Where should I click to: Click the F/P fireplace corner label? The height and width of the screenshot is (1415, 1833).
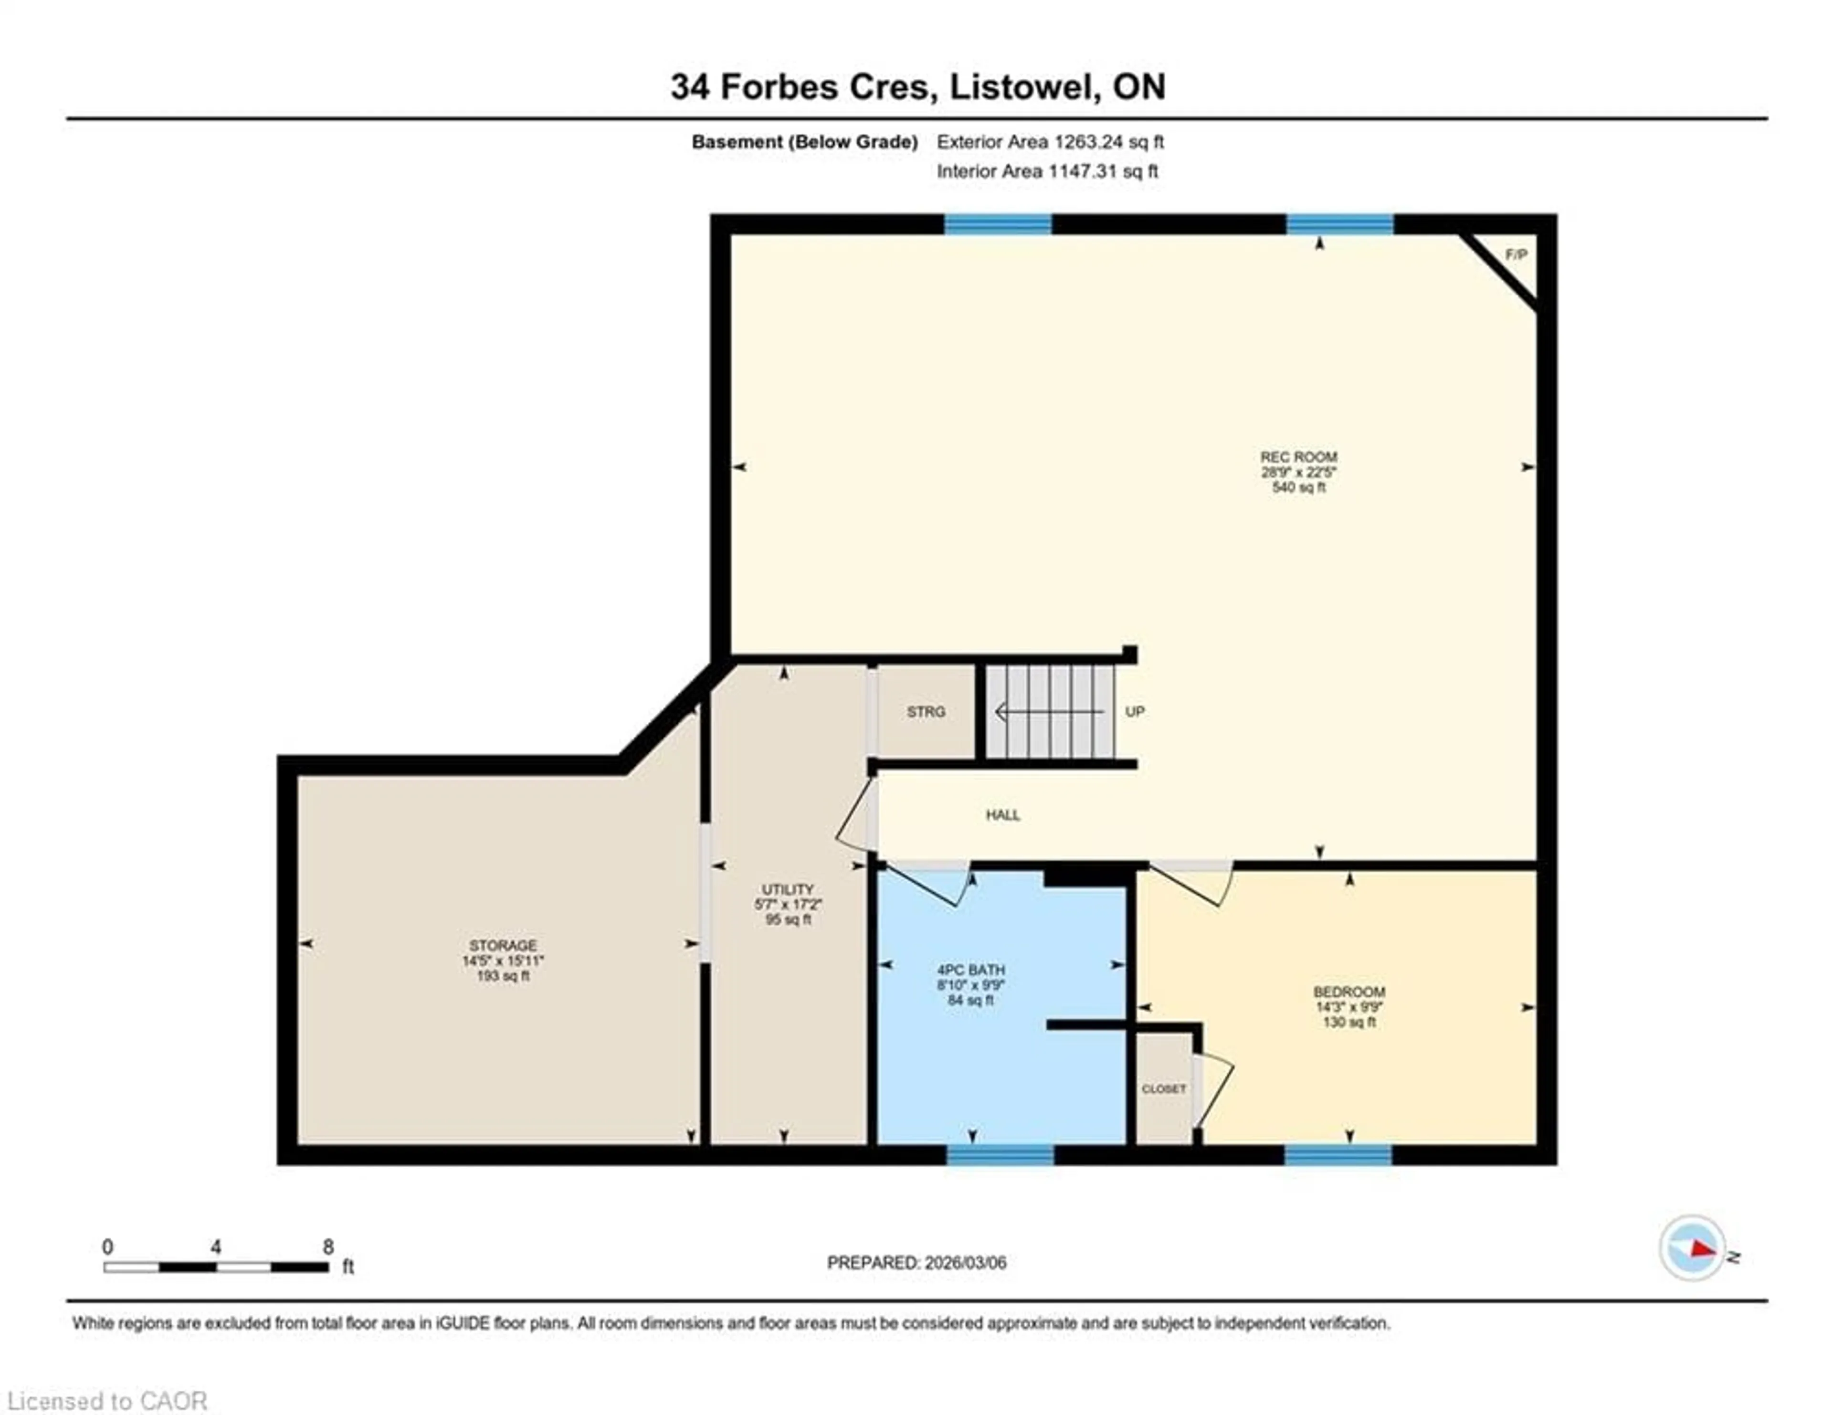tap(1516, 254)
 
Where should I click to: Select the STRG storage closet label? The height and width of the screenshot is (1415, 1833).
tap(926, 712)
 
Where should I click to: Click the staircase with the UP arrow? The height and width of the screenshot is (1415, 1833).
tap(1049, 712)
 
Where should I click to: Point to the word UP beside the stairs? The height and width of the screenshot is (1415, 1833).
tap(1135, 712)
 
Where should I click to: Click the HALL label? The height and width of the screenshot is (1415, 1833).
tap(1003, 815)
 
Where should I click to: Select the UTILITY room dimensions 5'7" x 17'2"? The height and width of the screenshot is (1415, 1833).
tap(787, 905)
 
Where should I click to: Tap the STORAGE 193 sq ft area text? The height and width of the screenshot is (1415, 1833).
tap(503, 976)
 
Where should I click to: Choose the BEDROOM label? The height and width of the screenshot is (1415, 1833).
tap(1348, 992)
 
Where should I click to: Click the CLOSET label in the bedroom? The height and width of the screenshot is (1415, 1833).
tap(1163, 1089)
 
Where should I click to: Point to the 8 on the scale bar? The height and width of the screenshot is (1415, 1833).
tap(328, 1247)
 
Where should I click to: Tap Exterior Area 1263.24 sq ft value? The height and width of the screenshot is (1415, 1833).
tap(1050, 142)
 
